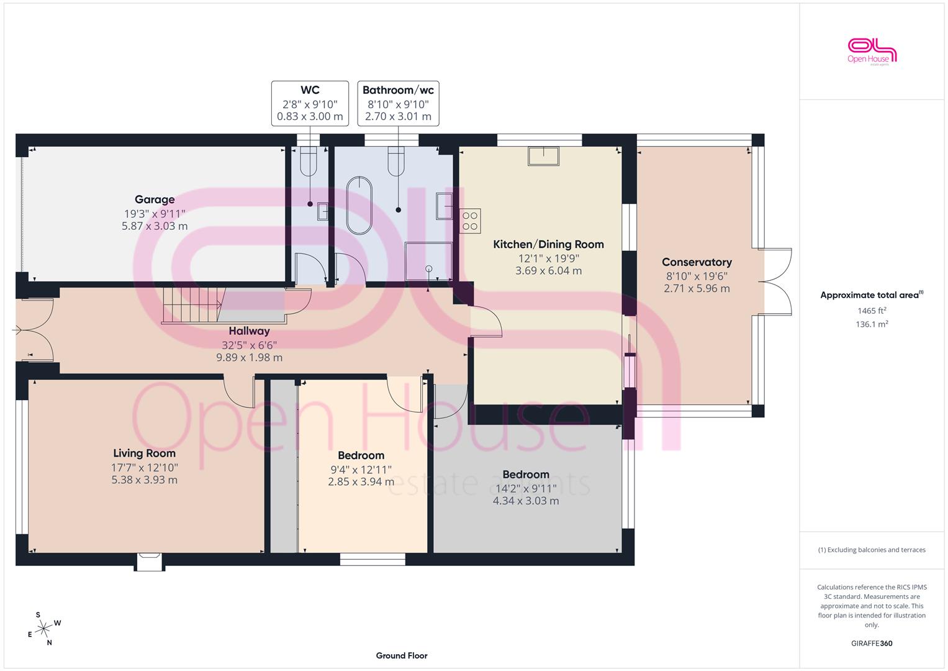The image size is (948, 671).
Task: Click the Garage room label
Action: pyautogui.click(x=155, y=199)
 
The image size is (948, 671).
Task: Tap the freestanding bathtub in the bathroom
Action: pyautogui.click(x=359, y=206)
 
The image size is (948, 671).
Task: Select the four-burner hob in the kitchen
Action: pyautogui.click(x=470, y=221)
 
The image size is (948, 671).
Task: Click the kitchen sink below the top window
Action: pyautogui.click(x=543, y=156)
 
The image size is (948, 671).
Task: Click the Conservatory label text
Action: pyautogui.click(x=697, y=262)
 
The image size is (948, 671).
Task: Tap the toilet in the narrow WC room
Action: pyautogui.click(x=309, y=162)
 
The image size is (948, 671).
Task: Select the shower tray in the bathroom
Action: pyautogui.click(x=428, y=262)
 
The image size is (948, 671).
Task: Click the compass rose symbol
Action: pyautogui.click(x=43, y=629)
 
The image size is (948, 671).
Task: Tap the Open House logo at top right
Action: pyautogui.click(x=872, y=52)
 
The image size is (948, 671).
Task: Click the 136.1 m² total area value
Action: pyautogui.click(x=872, y=324)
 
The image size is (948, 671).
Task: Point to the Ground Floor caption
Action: pyautogui.click(x=402, y=655)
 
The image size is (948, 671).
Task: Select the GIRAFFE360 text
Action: pyautogui.click(x=872, y=643)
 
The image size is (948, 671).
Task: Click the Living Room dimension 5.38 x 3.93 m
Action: pyautogui.click(x=144, y=480)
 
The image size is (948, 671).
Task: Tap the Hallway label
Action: pyautogui.click(x=250, y=331)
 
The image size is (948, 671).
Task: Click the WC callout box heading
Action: pyautogui.click(x=310, y=90)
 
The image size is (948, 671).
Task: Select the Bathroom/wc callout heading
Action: pyautogui.click(x=398, y=90)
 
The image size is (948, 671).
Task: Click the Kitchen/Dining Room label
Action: pyautogui.click(x=548, y=244)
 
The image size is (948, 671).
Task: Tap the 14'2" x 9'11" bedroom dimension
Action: pyautogui.click(x=526, y=488)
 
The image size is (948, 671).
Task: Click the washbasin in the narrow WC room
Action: pyautogui.click(x=322, y=211)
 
